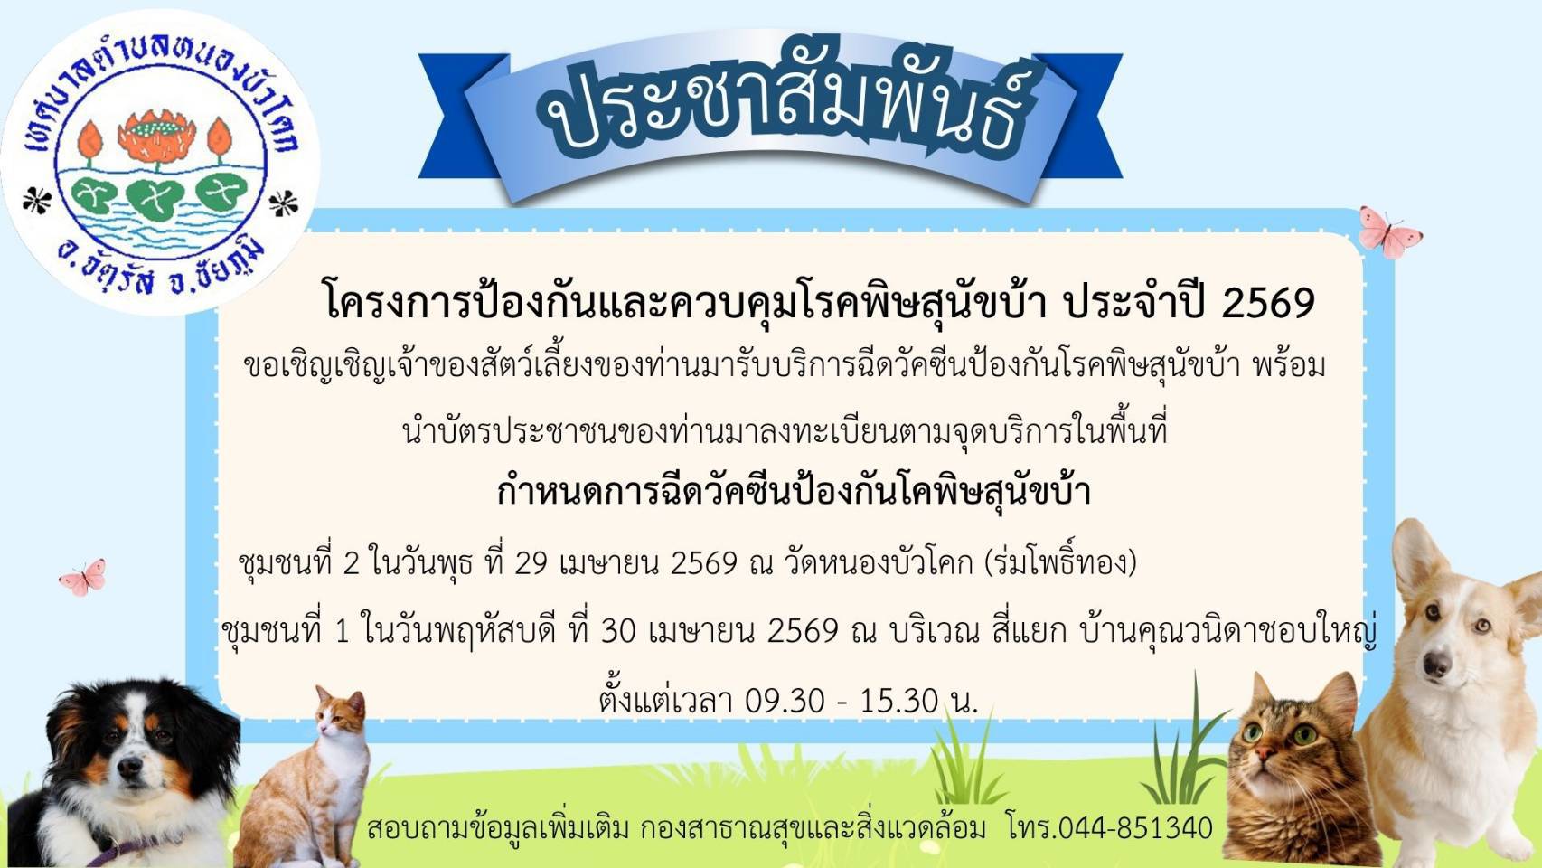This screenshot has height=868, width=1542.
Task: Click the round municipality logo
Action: (160, 163)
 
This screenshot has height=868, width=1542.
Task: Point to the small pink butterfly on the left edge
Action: (82, 577)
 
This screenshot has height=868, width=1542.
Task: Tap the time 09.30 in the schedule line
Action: (785, 702)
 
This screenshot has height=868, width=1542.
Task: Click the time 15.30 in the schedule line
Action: (899, 702)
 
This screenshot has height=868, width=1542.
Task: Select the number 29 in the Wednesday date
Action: (531, 563)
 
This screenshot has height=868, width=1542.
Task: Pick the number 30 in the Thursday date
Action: (617, 631)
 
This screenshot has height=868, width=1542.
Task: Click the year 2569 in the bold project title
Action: (1268, 304)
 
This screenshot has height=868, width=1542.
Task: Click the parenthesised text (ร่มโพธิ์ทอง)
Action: (1061, 562)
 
